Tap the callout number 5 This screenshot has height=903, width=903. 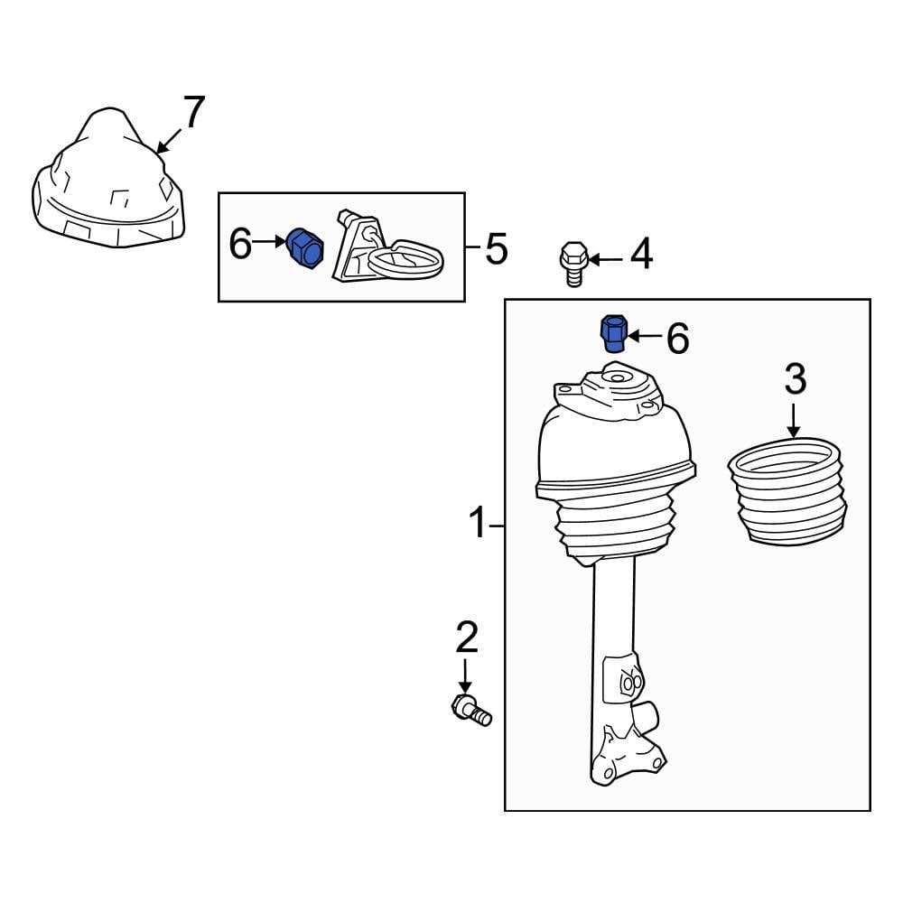click(x=497, y=248)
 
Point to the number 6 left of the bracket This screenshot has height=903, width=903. click(x=240, y=243)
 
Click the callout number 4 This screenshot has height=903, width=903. click(x=640, y=255)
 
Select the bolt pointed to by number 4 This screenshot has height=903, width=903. click(x=571, y=263)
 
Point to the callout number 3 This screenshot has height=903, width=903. click(x=795, y=380)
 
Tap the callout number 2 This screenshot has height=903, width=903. click(x=466, y=638)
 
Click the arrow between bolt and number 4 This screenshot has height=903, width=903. click(x=604, y=260)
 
